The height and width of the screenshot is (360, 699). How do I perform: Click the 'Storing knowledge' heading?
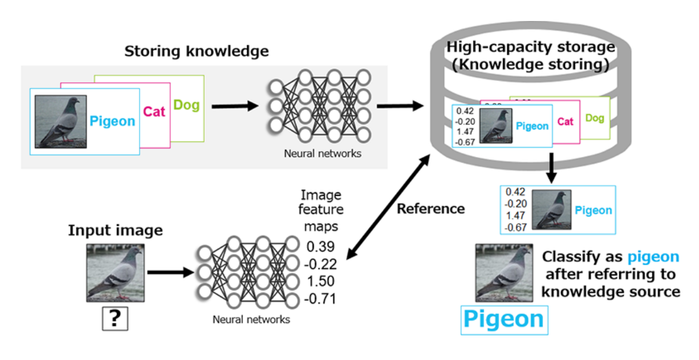point(196,52)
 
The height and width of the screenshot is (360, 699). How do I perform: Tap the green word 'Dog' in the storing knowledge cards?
point(186,105)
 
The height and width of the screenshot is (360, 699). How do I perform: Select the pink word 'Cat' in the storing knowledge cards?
point(155,111)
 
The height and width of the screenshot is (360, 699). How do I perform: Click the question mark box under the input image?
point(115,319)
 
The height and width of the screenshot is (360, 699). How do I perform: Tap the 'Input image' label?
point(115,231)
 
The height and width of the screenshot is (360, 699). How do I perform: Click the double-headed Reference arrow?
point(389,207)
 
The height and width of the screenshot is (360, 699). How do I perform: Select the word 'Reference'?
point(431,209)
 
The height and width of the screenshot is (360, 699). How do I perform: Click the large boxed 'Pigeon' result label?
point(504,319)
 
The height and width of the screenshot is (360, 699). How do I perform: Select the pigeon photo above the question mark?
point(115,273)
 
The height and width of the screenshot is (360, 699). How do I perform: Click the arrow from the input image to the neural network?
point(171,273)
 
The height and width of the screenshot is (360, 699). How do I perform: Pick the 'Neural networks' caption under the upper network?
point(322,153)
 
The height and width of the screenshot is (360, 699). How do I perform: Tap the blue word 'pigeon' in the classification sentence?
point(653,258)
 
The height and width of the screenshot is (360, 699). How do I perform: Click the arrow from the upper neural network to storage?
point(400,107)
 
